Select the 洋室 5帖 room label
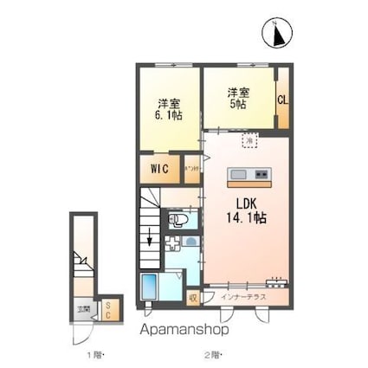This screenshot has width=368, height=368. click(x=238, y=98)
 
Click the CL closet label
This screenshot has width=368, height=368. click(x=282, y=100)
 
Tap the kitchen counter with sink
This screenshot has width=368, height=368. click(x=250, y=176)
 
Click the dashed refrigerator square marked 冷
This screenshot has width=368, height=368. click(x=249, y=139)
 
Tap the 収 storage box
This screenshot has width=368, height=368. click(x=192, y=298)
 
